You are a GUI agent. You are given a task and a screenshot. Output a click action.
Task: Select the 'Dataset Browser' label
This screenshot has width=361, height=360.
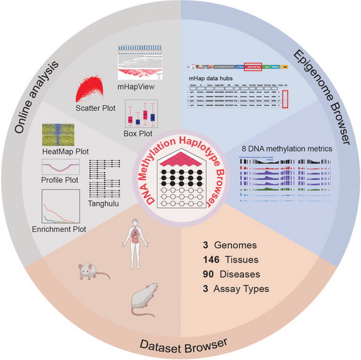180,344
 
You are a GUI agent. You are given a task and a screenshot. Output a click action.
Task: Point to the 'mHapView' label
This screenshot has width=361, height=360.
134,86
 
